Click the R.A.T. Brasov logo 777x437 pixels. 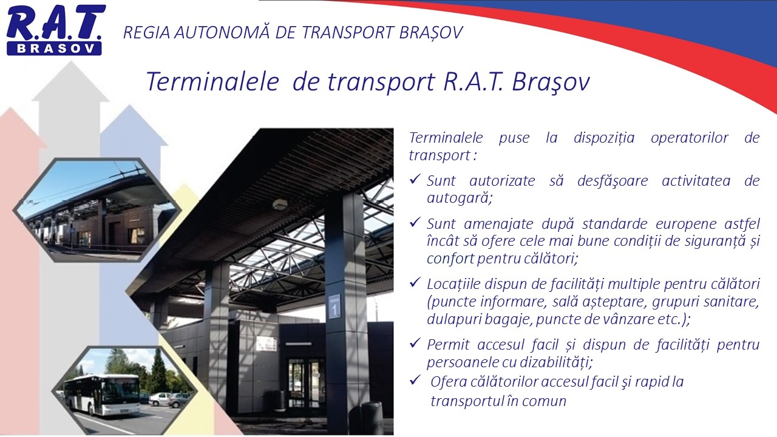55,30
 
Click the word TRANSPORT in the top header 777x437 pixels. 348,33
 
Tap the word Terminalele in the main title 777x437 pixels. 212,82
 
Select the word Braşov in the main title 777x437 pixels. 551,83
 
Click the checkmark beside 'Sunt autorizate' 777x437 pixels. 415,179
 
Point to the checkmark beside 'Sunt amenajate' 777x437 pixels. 415,222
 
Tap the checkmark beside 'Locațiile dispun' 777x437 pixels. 415,282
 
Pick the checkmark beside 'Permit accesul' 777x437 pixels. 415,343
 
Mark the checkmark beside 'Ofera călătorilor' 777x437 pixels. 415,380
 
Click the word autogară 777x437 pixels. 460,198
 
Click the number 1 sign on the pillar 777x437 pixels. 334,307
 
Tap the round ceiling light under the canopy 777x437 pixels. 280,205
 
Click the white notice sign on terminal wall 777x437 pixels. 266,344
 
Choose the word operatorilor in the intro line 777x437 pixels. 689,138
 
